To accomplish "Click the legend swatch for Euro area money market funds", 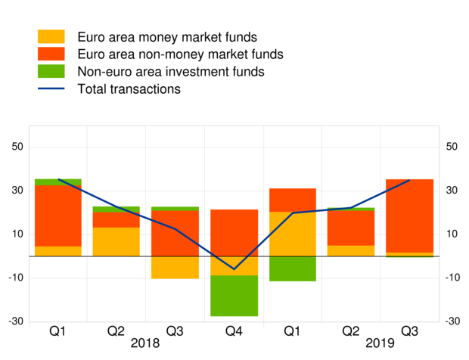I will pos(51,37).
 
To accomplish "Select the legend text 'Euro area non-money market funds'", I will pos(180,54).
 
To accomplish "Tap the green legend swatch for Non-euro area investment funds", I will pos(51,72).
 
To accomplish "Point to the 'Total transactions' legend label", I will pos(129,89).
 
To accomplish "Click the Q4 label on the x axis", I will pos(233,331).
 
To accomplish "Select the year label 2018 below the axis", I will pos(145,343).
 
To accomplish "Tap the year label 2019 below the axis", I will pos(380,343).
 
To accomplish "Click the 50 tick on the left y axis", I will pos(17,147).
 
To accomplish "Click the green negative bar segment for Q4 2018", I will pos(233,296).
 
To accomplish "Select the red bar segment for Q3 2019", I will pos(409,216).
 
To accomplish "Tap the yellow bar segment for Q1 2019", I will pos(292,234).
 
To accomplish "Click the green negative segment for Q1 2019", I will pos(292,268).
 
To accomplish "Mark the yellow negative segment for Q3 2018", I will pos(175,267).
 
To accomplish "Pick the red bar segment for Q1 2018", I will pos(58,216).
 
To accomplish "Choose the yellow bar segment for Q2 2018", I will pos(116,241).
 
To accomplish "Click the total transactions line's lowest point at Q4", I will pos(234,268).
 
